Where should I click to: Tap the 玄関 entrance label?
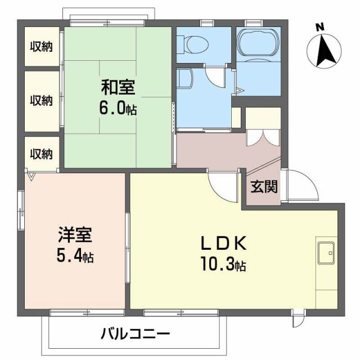263,187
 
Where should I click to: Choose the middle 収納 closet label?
41,101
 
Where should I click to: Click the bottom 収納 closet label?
41,153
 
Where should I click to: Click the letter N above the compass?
319,26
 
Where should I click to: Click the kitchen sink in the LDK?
326,253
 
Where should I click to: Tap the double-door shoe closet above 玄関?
262,137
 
